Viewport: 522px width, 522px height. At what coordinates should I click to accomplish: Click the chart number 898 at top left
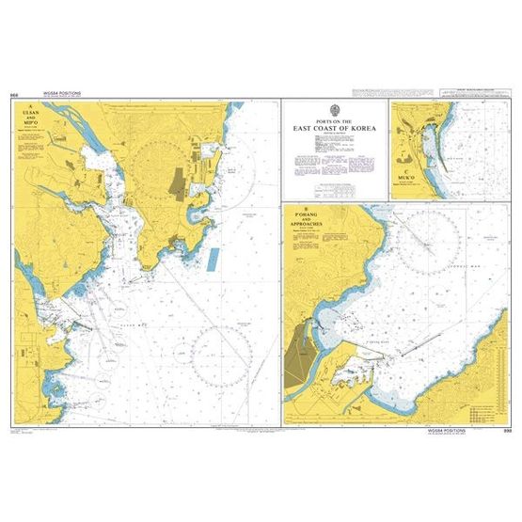(x=12, y=95)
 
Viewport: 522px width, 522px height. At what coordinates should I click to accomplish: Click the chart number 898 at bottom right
(x=508, y=428)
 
